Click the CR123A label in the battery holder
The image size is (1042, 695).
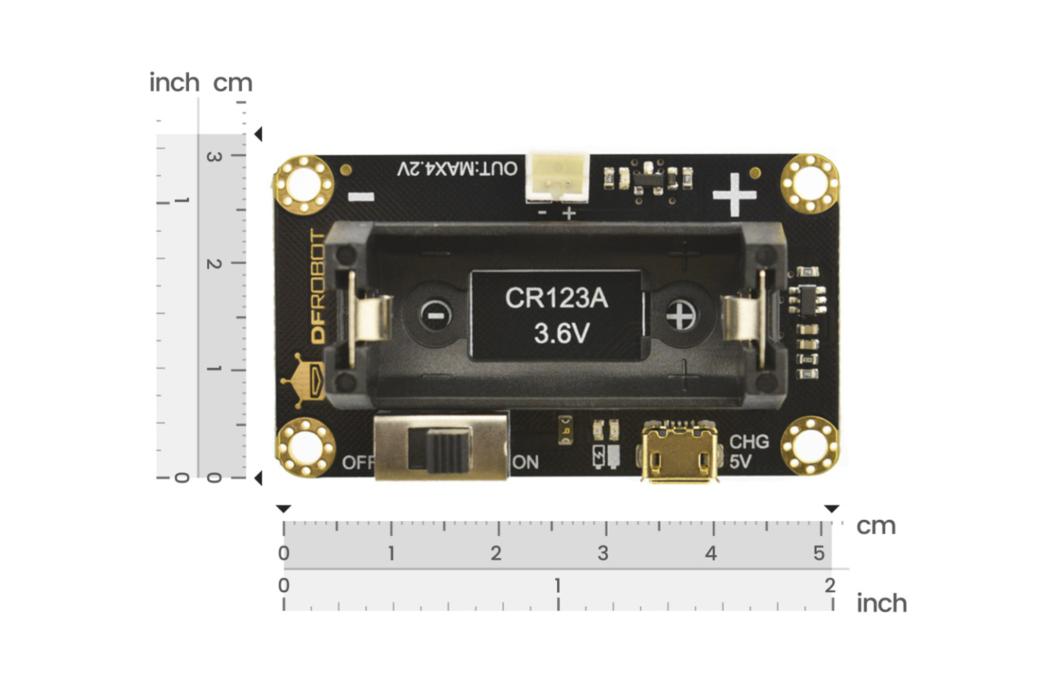556,298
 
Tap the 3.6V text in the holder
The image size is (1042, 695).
561,334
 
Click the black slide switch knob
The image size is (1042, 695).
439,450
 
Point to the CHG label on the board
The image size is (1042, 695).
749,442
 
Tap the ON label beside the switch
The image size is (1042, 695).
526,462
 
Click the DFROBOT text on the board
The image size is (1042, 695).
317,286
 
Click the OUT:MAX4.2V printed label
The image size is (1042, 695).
457,169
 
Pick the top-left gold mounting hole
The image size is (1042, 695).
304,184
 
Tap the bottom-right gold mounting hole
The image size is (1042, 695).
809,445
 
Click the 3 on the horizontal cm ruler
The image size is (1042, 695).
603,553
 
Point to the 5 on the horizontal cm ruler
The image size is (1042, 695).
819,553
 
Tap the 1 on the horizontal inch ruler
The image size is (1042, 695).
557,586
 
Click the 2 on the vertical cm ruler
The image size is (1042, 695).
214,263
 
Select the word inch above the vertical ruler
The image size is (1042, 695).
174,83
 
